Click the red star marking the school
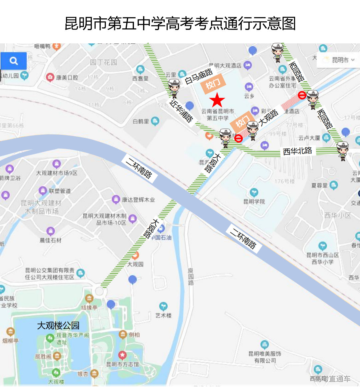pyautogui.click(x=217, y=100)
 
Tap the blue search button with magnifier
pyautogui.click(x=14, y=61)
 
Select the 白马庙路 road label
pyautogui.click(x=199, y=76)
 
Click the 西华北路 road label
pyautogui.click(x=297, y=151)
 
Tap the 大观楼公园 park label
pyautogui.click(x=58, y=325)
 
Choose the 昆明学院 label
pyautogui.click(x=254, y=202)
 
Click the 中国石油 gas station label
pyautogui.click(x=162, y=238)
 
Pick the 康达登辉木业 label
pyautogui.click(x=138, y=200)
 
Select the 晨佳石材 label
pyautogui.click(x=51, y=240)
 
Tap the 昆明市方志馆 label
pyautogui.click(x=123, y=364)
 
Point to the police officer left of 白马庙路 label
pyautogui.click(x=174, y=88)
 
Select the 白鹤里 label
pyautogui.click(x=141, y=121)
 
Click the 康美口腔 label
pyautogui.click(x=67, y=77)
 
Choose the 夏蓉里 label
pyautogui.click(x=319, y=185)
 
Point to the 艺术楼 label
pyautogui.click(x=163, y=315)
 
